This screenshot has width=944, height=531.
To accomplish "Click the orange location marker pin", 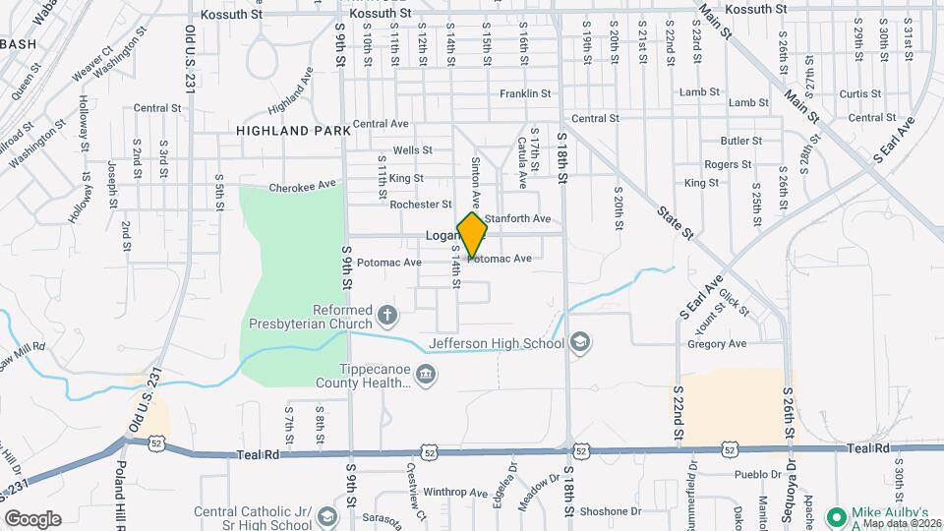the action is point(473,235).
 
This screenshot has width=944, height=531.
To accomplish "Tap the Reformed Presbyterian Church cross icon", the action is point(387,316).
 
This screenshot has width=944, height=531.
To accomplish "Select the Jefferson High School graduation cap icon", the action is point(580,341).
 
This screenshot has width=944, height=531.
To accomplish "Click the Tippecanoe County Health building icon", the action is point(426,373).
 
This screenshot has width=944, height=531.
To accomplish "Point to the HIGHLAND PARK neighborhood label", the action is point(293,130).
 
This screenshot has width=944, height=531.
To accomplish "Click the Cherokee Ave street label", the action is point(303,184).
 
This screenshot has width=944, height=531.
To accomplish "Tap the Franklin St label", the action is point(524,93).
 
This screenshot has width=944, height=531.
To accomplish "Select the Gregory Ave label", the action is point(718,344).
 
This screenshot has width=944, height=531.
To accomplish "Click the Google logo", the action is point(32,518).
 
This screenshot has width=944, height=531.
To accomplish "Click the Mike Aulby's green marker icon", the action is point(837,515).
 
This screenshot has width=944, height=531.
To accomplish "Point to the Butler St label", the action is point(740,141).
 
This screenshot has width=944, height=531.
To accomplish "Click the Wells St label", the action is point(412,150).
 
